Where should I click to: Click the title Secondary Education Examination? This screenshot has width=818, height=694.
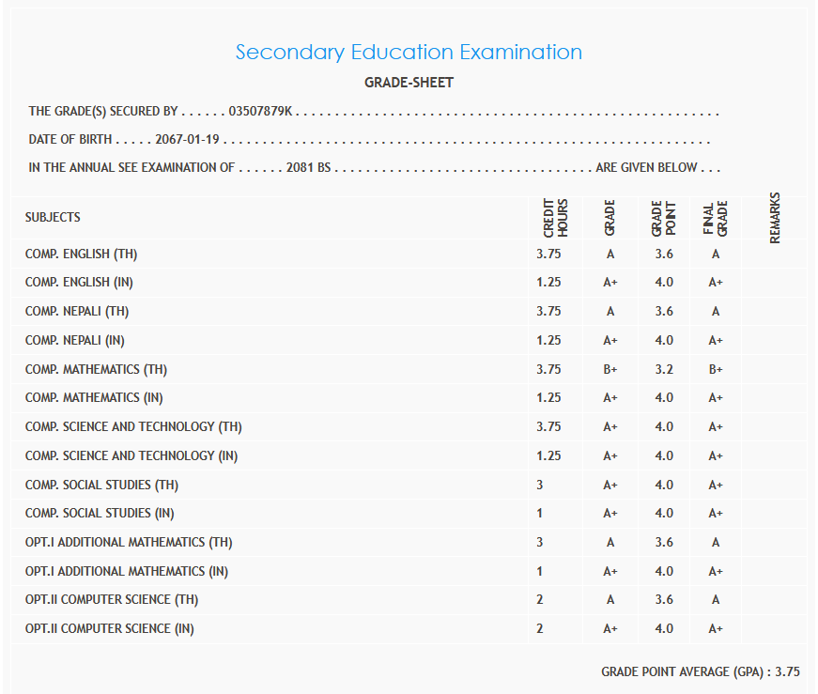coord(409,52)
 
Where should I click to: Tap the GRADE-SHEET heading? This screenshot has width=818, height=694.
coord(409,83)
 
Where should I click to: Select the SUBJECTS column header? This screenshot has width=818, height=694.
coord(53,217)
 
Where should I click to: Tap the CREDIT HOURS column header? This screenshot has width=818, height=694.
coord(555,217)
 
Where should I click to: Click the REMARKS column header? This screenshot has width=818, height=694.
coord(775,218)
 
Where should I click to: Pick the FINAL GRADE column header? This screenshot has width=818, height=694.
coord(716,217)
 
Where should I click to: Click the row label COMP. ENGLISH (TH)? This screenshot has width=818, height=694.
coord(82,254)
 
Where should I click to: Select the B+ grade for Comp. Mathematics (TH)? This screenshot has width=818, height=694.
coord(610,369)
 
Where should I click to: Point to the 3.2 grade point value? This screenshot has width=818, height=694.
coord(664,369)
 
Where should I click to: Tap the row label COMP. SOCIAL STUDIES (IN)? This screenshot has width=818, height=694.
coord(100,513)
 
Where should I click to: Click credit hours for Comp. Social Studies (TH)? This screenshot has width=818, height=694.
coord(540,485)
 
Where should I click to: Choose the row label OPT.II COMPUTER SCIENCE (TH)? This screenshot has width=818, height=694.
coord(112,599)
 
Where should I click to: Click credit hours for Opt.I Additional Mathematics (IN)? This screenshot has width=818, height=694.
coord(540,571)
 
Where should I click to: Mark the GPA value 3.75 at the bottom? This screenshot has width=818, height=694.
coord(787,671)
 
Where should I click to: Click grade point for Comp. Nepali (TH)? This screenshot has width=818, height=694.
coord(664,312)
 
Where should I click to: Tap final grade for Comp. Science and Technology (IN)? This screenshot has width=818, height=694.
coord(716,455)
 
